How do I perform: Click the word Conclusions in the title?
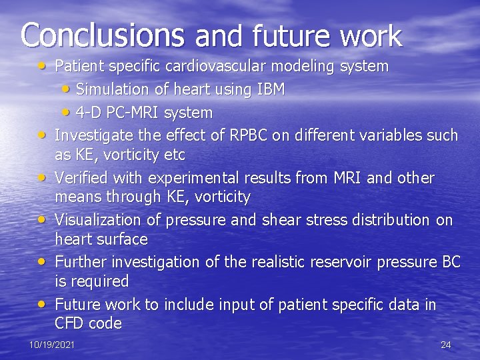(101, 35)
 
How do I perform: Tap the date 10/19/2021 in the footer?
(52, 345)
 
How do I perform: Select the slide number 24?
(446, 345)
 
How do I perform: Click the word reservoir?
(339, 262)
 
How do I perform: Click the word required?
(99, 281)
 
